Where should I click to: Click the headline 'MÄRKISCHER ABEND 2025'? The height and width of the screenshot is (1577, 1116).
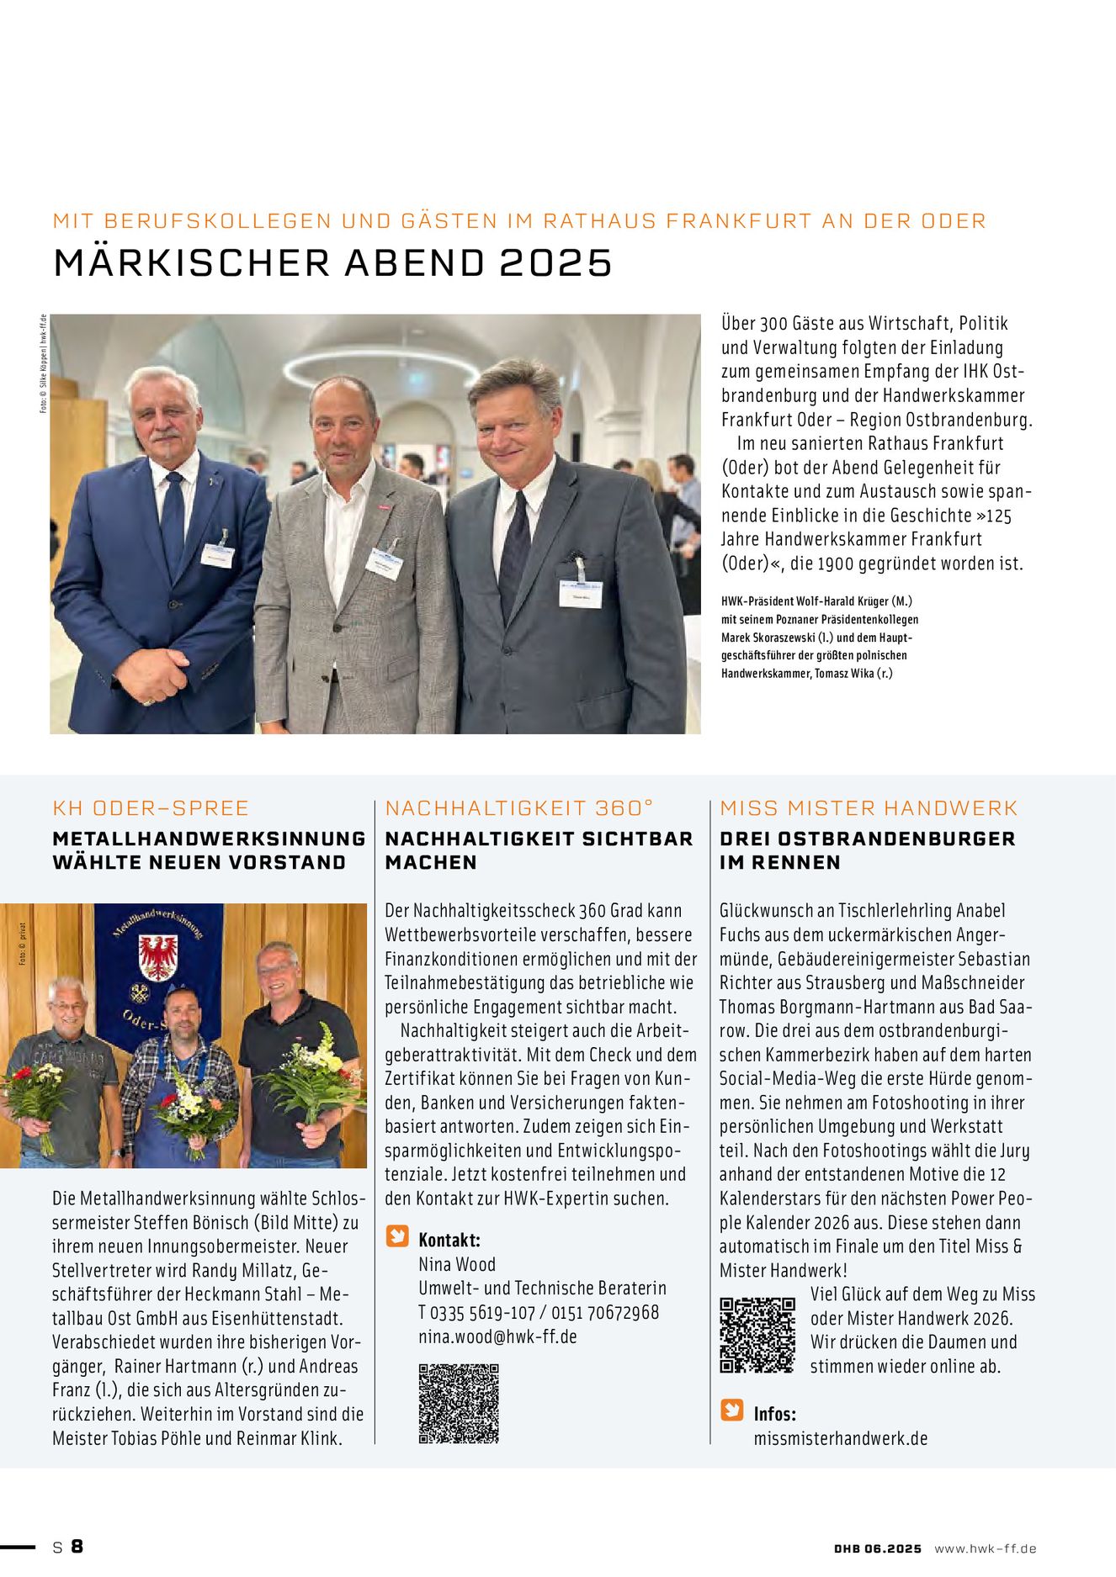[332, 262]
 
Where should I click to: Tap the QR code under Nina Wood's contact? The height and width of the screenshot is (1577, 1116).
[459, 1404]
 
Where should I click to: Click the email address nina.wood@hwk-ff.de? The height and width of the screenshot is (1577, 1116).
[497, 1336]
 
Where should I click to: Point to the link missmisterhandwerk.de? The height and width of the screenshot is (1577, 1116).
[840, 1438]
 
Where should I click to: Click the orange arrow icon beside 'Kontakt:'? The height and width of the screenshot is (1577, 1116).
[396, 1236]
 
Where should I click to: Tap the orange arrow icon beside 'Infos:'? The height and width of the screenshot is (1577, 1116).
[731, 1410]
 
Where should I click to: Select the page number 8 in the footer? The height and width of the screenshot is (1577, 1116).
[77, 1547]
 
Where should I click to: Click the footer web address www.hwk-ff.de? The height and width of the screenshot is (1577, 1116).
[985, 1548]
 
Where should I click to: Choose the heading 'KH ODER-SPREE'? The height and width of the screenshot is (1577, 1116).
[151, 808]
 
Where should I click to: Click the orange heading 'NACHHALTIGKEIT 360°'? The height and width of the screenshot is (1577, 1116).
[518, 808]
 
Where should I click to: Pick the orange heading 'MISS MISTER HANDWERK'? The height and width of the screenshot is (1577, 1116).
[869, 808]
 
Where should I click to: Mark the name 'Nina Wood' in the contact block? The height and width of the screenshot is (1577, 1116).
[457, 1264]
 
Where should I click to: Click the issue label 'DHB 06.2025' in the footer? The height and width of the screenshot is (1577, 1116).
[877, 1548]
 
